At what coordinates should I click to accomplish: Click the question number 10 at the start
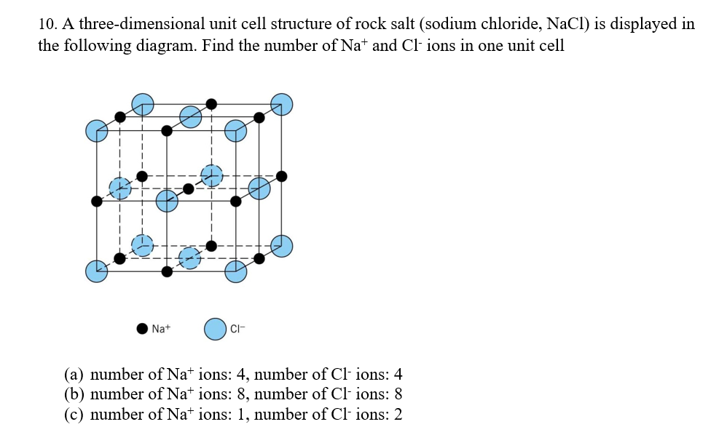coord(47,23)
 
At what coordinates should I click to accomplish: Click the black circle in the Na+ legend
coord(143,329)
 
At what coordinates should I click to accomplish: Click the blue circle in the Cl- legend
coord(215,329)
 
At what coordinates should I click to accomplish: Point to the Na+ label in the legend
coord(161,329)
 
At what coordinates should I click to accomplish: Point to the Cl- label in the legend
coord(236,329)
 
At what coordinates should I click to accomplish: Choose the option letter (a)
coord(74,375)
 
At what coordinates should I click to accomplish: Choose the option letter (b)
coord(74,395)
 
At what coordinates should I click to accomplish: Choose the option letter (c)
coord(74,415)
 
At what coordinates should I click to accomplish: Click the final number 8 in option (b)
coord(398,395)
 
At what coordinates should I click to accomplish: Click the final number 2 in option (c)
coord(398,415)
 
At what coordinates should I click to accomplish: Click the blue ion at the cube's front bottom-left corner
coord(97,271)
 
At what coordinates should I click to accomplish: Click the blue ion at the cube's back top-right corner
coord(282,105)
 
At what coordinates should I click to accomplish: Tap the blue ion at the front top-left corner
coord(97,131)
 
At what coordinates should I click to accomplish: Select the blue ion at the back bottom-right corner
coord(282,246)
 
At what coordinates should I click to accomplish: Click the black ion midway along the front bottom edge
coord(167,271)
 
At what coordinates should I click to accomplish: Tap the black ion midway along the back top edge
coord(212,104)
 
